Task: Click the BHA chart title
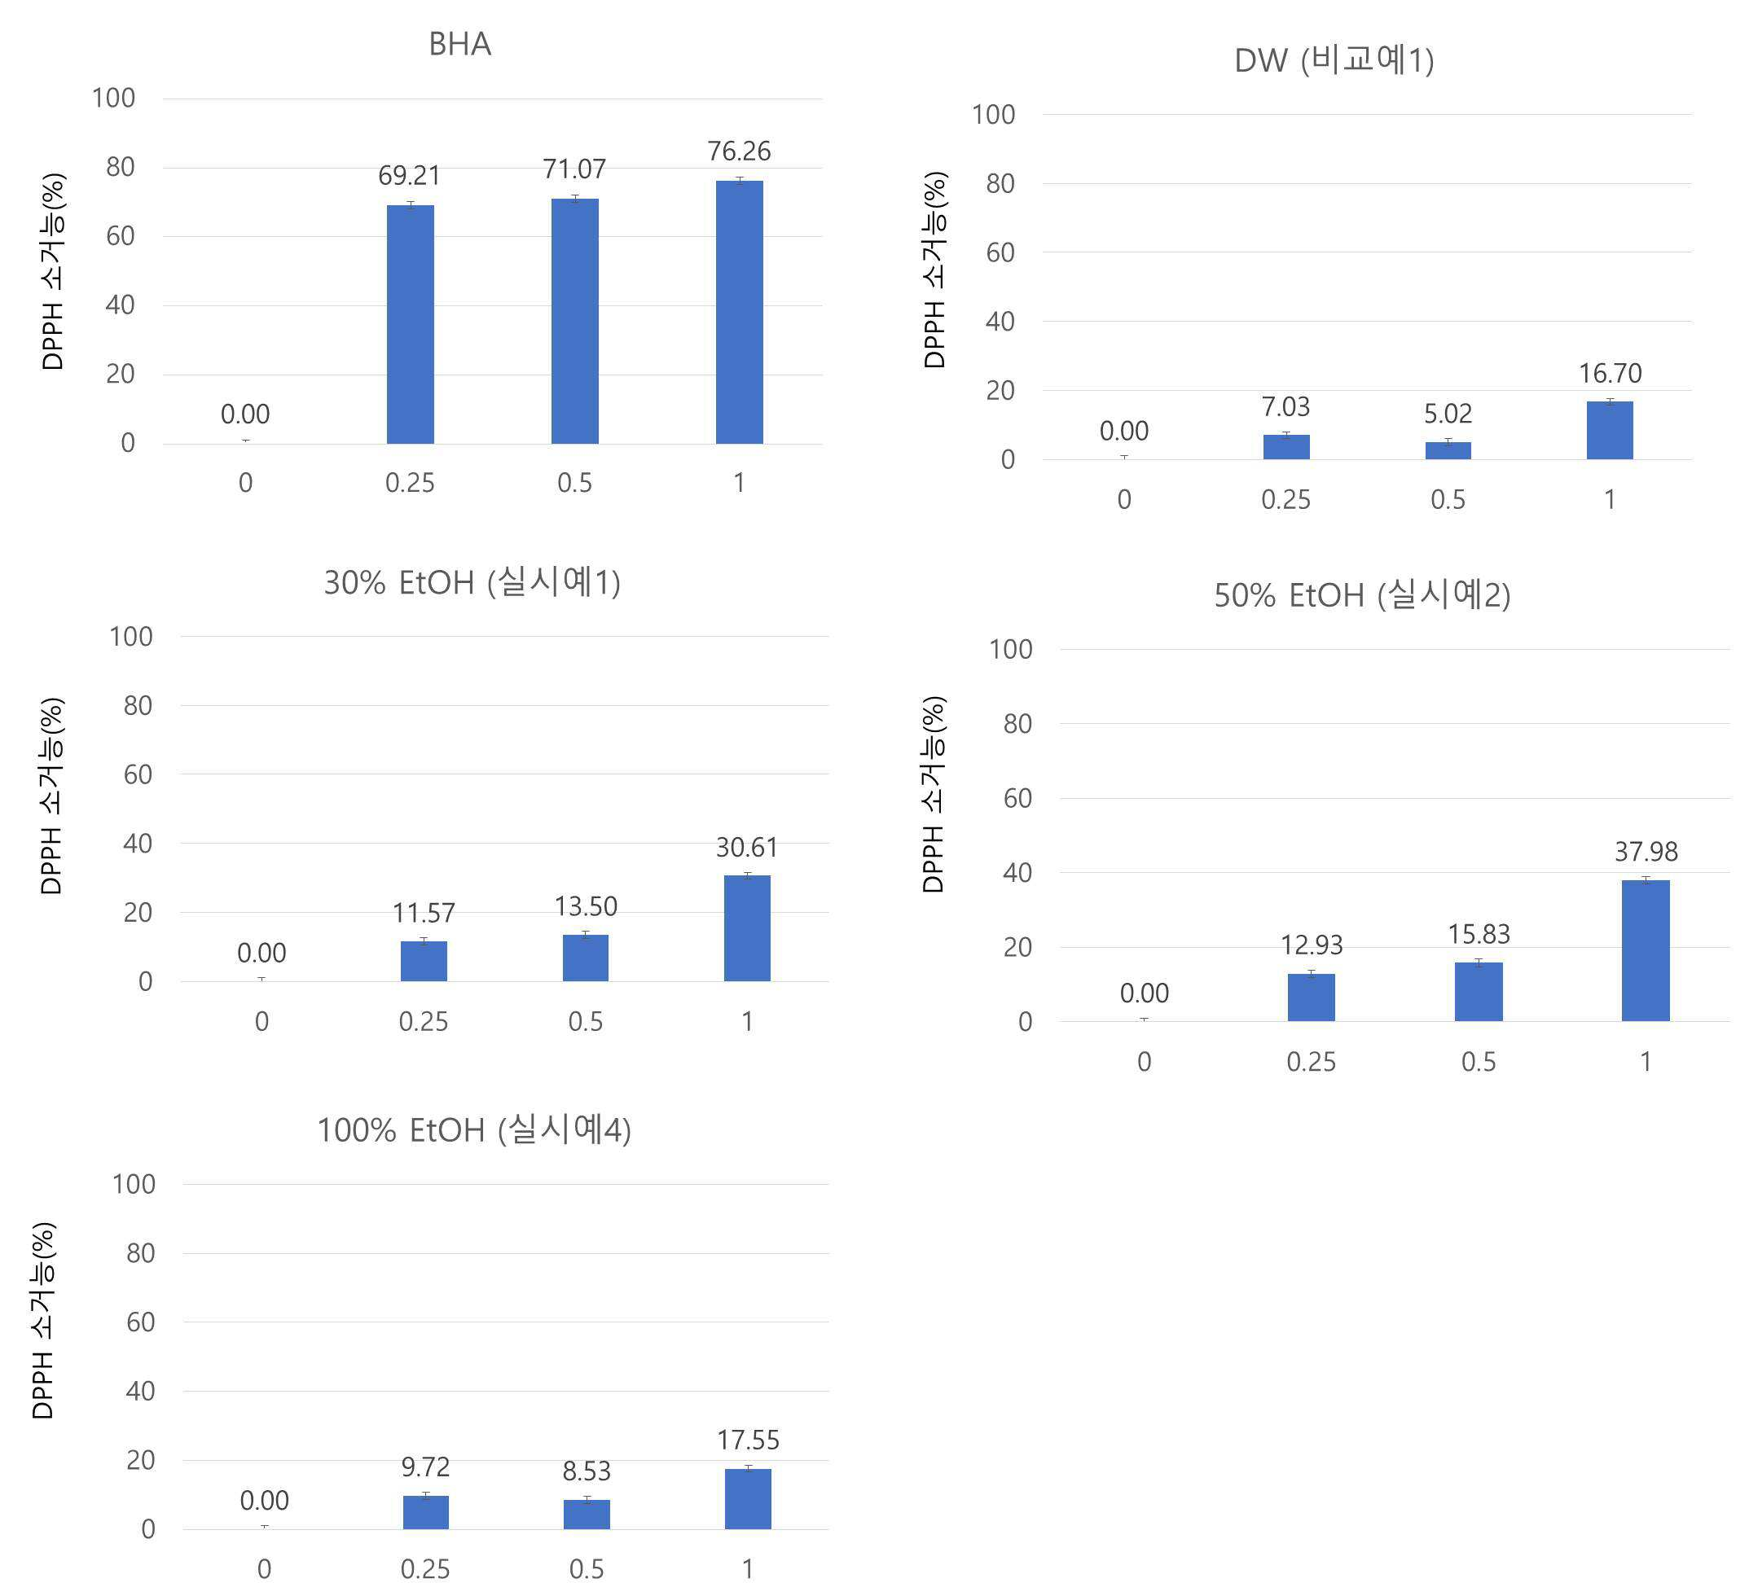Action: coord(459,44)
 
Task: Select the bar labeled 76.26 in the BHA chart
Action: coord(739,312)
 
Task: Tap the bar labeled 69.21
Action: coord(410,324)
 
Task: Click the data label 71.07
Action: coord(574,169)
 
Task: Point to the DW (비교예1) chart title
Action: coord(1334,61)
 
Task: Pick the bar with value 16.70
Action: coord(1610,430)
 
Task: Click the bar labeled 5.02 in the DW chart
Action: coord(1448,450)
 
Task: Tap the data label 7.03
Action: coord(1285,407)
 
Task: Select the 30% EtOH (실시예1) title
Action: coord(472,583)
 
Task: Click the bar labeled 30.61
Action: coord(747,928)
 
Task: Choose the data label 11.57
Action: coord(424,914)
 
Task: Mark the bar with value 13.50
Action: coord(586,958)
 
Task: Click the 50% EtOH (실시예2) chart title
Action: coord(1362,596)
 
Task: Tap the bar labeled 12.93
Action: coord(1311,997)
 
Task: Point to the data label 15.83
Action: coord(1479,935)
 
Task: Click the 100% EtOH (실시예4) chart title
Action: coord(473,1131)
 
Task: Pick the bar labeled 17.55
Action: coord(748,1499)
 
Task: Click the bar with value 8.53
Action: coord(587,1515)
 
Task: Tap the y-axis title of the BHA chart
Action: coord(53,271)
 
